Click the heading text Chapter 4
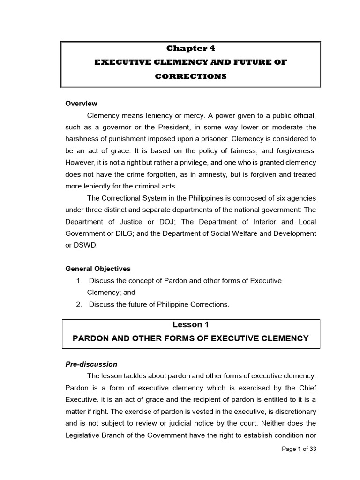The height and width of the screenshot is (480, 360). pos(191,48)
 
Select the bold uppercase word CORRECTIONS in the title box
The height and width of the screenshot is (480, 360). pos(191,76)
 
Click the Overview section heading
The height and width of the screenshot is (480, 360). pos(81,104)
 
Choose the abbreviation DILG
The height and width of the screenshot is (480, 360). pos(122,233)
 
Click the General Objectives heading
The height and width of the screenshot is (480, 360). pos(98,269)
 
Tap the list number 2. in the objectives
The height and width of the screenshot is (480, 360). pos(79,304)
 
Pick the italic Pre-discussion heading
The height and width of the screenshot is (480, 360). pos(91,364)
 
